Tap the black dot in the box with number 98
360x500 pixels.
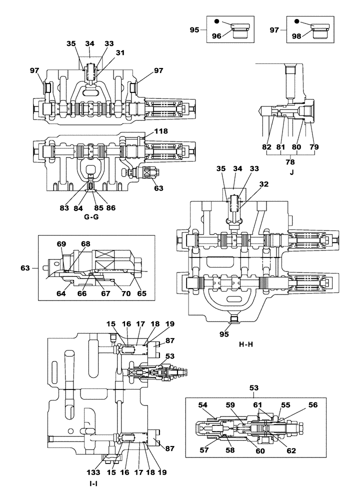[297, 21]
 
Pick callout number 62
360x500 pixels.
[291, 450]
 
